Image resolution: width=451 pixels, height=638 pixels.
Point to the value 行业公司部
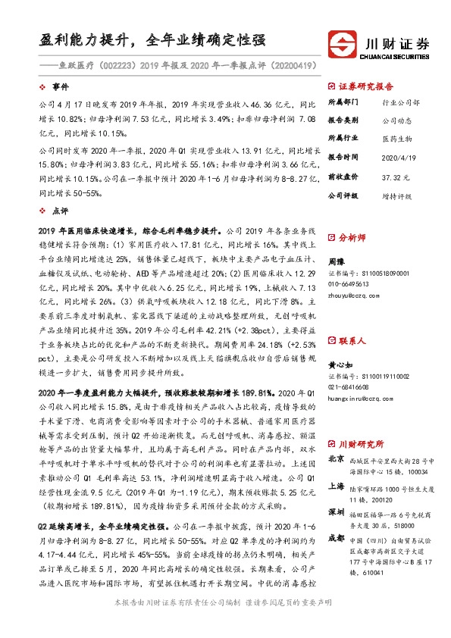click(399, 102)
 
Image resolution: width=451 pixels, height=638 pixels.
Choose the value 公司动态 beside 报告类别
click(396, 120)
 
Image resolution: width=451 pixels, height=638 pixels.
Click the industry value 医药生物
click(396, 139)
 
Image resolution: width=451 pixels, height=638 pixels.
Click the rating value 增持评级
click(396, 195)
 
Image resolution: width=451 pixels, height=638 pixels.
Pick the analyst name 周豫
click(336, 260)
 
